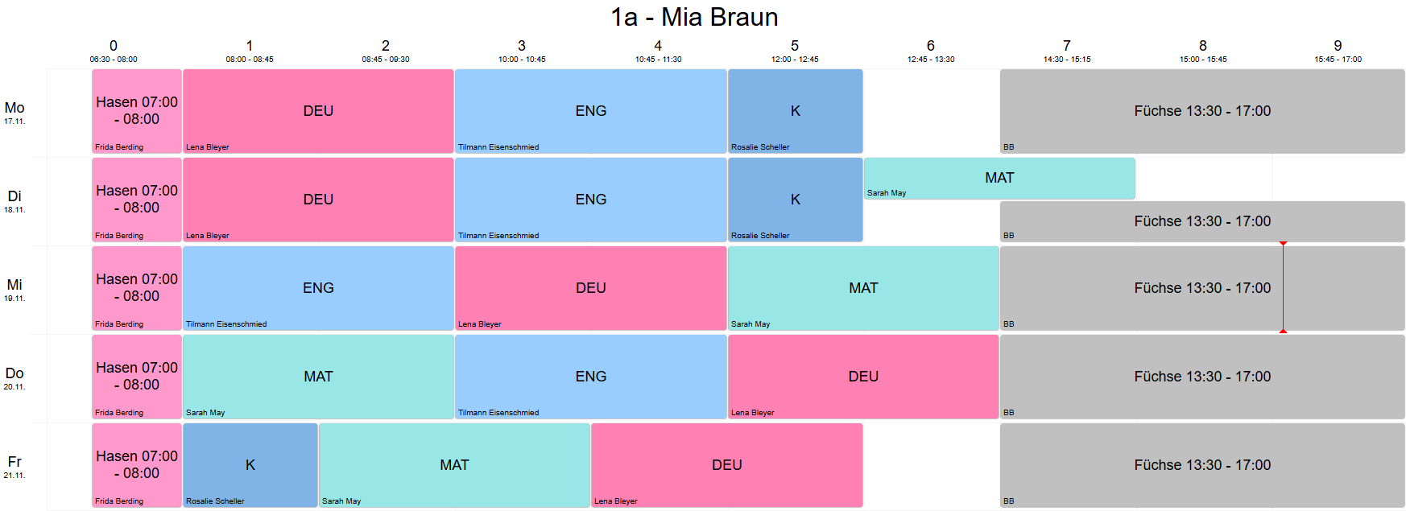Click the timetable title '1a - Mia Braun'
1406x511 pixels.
click(694, 17)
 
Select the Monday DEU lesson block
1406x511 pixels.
click(318, 111)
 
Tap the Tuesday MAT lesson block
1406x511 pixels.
click(999, 178)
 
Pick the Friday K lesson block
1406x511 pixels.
click(250, 465)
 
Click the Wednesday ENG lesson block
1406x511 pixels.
click(318, 288)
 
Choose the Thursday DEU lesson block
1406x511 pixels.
click(863, 377)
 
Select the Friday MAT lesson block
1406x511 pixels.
click(454, 465)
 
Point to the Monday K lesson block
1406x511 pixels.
click(795, 111)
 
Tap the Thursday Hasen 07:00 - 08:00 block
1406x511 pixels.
click(137, 376)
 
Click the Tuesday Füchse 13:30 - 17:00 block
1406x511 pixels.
click(1202, 221)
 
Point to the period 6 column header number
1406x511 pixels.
click(931, 46)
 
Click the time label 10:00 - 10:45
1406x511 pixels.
click(522, 60)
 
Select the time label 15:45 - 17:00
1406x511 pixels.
click(1338, 60)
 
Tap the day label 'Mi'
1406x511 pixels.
click(14, 285)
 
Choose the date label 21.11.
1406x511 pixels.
click(14, 476)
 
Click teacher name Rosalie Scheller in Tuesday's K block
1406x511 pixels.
click(760, 236)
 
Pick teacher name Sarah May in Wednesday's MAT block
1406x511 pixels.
click(751, 324)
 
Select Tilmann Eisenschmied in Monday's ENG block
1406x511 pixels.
click(498, 147)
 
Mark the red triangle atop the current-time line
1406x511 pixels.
click(1284, 243)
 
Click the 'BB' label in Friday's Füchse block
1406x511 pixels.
click(1009, 501)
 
